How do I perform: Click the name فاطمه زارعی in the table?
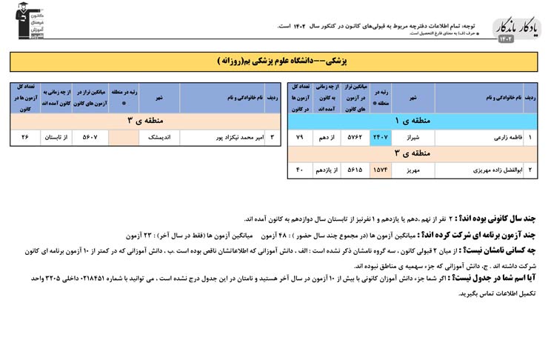coord(492,138)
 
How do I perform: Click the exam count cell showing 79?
coord(300,138)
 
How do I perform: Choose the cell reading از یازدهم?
coord(326,170)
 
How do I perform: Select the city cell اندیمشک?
coord(159,137)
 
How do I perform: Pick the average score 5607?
coord(90,137)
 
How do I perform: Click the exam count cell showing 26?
coord(25,137)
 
